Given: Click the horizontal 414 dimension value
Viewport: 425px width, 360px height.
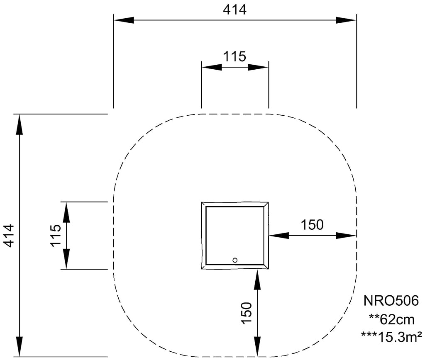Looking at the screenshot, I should click(x=234, y=9).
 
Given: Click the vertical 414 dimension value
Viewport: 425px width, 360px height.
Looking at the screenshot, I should click(x=9, y=236).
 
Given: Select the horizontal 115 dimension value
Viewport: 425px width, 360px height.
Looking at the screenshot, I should click(x=234, y=56).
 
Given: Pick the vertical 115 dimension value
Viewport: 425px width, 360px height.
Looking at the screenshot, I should click(x=56, y=236).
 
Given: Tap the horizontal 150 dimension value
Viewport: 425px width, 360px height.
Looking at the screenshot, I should click(x=312, y=225).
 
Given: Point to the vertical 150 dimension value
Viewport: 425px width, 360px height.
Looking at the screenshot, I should click(x=246, y=313).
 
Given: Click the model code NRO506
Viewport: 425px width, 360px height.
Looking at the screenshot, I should click(x=391, y=300).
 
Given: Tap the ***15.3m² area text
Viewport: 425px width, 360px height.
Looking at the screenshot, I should click(x=391, y=336).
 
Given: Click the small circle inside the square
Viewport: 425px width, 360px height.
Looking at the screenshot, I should click(x=235, y=260).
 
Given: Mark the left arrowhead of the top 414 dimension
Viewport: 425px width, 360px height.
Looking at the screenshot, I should click(x=124, y=20).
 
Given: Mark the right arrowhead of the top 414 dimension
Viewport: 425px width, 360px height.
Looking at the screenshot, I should click(x=346, y=20).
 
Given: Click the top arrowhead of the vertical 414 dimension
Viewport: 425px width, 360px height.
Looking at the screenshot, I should click(x=20, y=124).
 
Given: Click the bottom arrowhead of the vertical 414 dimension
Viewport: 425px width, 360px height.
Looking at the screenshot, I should click(x=20, y=346).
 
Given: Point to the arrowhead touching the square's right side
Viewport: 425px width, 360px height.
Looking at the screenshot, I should click(x=279, y=236).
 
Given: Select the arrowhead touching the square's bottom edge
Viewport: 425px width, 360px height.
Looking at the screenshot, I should click(x=258, y=280).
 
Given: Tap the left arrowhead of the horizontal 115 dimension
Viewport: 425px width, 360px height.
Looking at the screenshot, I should click(x=211, y=67).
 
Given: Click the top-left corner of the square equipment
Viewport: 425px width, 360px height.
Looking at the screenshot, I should click(x=203, y=203).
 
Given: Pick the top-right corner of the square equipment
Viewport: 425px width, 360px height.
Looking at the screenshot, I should click(x=268, y=203).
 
